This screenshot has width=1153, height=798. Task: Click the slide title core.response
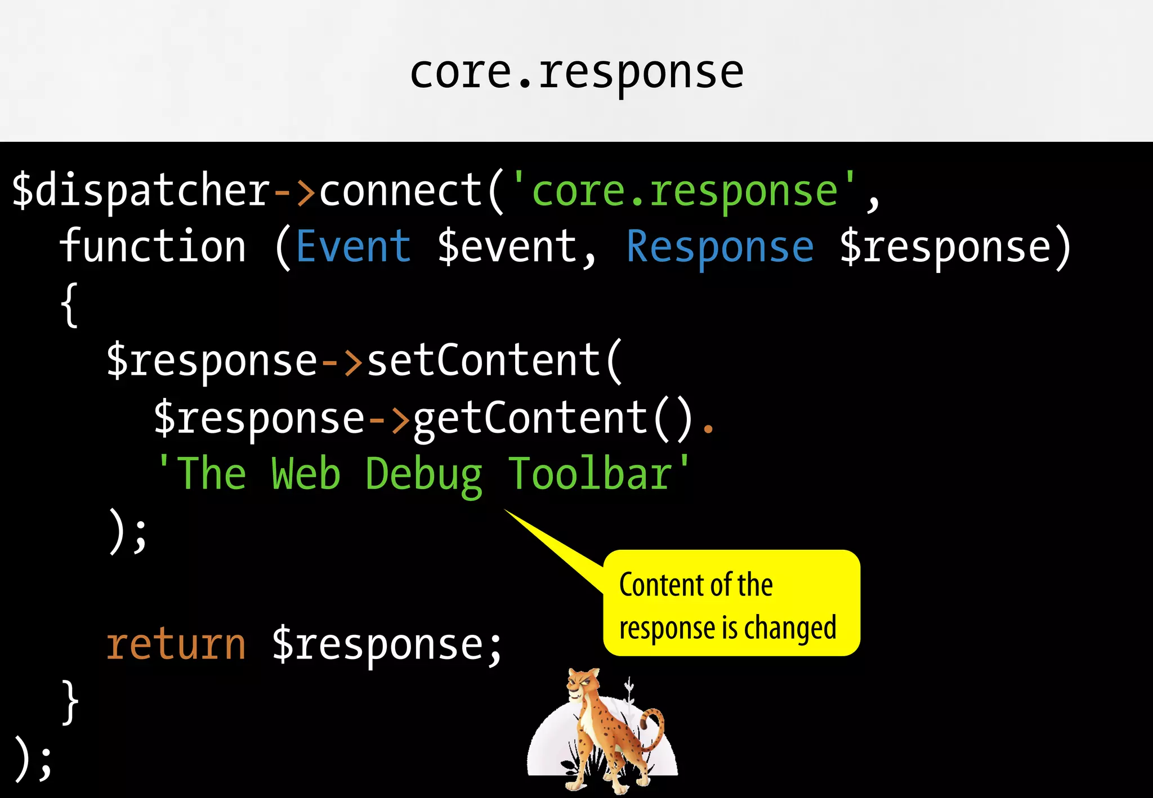pos(576,73)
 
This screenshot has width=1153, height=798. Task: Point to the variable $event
pos(507,248)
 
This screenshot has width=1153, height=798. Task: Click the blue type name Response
pos(720,248)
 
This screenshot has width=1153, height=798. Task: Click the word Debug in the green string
pos(423,475)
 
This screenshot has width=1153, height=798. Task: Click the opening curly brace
pos(69,305)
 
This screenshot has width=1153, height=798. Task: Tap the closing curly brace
pos(70,702)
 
